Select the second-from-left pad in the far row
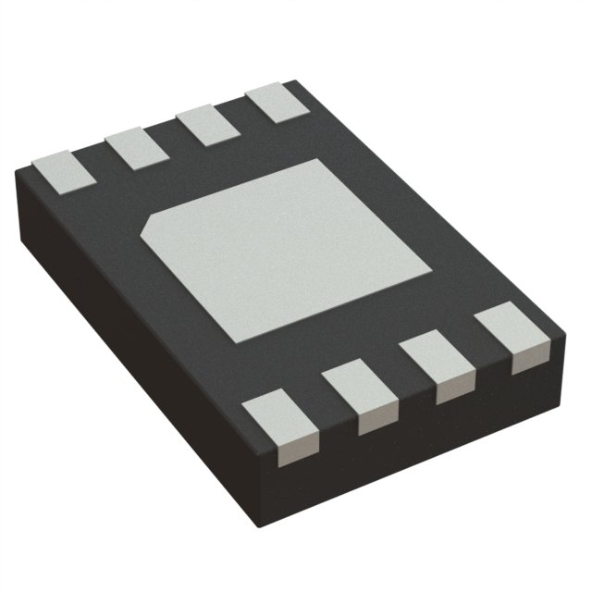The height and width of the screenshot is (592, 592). point(135,147)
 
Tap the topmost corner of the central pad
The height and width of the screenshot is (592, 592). point(320,159)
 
